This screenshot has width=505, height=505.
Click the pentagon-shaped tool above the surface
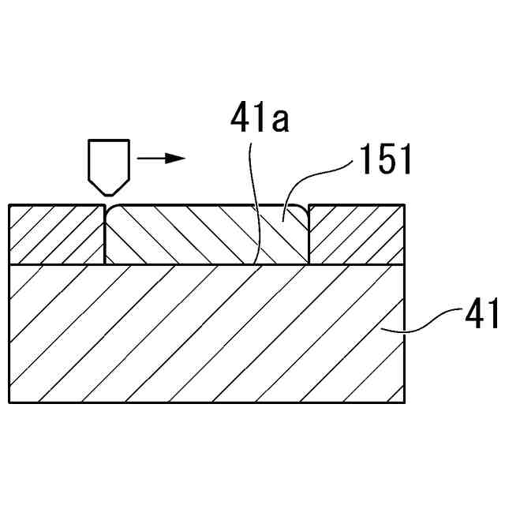107,164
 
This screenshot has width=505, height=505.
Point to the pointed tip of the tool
107,194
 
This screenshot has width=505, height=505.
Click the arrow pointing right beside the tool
160,158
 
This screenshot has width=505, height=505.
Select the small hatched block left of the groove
56,234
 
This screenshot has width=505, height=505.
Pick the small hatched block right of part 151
357,234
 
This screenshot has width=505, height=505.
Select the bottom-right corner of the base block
406,402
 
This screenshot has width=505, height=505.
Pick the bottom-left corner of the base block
9,402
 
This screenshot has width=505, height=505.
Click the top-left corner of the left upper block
9,205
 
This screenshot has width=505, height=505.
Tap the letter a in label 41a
280,121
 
